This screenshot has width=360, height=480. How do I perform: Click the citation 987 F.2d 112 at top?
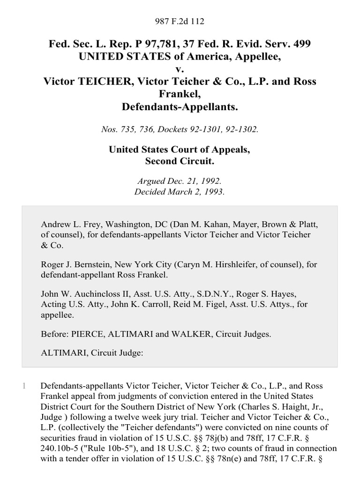[x=180, y=21]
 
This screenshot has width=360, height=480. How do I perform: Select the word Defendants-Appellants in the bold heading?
[x=180, y=107]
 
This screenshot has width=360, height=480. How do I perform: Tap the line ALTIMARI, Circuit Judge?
[x=83, y=355]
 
